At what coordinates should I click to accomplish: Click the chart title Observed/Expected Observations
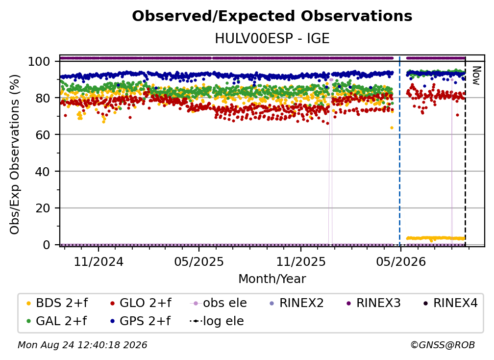[272, 16]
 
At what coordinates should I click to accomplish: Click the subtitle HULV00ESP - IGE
[272, 39]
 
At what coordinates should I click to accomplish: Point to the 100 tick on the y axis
[39, 61]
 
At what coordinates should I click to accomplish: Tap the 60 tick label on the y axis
[43, 134]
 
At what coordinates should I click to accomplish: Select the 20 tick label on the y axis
[43, 208]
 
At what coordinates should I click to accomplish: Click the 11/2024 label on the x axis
[99, 261]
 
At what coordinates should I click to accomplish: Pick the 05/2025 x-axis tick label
[199, 261]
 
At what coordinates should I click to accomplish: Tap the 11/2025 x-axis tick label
[301, 261]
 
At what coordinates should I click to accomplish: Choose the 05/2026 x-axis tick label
[401, 261]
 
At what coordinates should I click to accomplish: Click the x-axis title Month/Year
[272, 279]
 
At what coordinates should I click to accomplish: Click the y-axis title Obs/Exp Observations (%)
[15, 154]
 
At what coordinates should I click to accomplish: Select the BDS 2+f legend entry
[57, 303]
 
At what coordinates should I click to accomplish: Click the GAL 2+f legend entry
[57, 321]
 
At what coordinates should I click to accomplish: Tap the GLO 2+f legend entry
[141, 303]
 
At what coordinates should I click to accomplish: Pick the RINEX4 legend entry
[450, 303]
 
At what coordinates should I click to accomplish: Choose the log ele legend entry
[217, 321]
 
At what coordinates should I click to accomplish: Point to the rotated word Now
[476, 76]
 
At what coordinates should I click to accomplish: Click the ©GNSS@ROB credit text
[443, 345]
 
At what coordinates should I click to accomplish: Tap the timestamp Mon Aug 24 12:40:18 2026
[82, 345]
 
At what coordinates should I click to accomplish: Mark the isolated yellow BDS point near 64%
[392, 128]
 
